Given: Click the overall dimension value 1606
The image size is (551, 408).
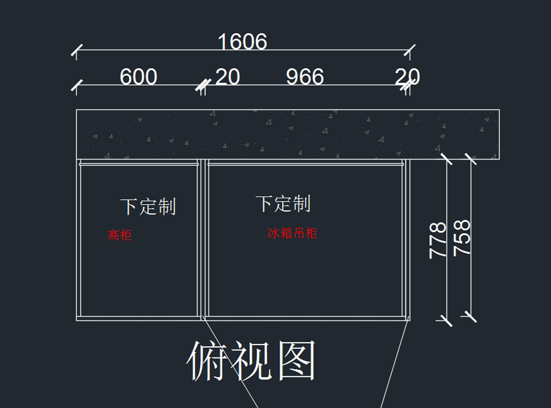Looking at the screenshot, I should (x=242, y=42).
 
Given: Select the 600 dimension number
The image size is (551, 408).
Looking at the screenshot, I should (x=138, y=77).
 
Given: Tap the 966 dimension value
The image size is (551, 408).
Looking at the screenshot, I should (x=305, y=77).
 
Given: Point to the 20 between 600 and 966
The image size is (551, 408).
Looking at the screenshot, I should (x=228, y=77).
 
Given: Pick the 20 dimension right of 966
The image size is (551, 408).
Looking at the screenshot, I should (x=407, y=77).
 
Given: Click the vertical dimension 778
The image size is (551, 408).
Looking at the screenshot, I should (x=438, y=240).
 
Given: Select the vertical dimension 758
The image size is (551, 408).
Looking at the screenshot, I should (x=462, y=238).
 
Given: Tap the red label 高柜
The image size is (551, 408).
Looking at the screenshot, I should (x=120, y=235).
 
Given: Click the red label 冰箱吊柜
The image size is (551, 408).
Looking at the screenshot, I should (x=292, y=233).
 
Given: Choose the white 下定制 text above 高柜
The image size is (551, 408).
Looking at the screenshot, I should (x=148, y=206).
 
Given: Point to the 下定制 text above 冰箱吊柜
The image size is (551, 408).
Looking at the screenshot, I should (x=283, y=203).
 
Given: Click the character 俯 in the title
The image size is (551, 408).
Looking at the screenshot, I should (x=207, y=361).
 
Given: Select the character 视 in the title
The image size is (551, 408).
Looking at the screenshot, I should (x=251, y=361).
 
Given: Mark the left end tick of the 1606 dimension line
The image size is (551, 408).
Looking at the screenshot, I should (x=77, y=50).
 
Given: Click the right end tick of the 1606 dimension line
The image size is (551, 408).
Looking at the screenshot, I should (x=410, y=50).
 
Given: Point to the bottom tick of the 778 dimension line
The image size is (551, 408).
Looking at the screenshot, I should (x=447, y=320).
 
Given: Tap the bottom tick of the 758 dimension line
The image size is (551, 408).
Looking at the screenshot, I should (x=471, y=316).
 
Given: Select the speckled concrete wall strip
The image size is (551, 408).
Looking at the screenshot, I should (x=287, y=134).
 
